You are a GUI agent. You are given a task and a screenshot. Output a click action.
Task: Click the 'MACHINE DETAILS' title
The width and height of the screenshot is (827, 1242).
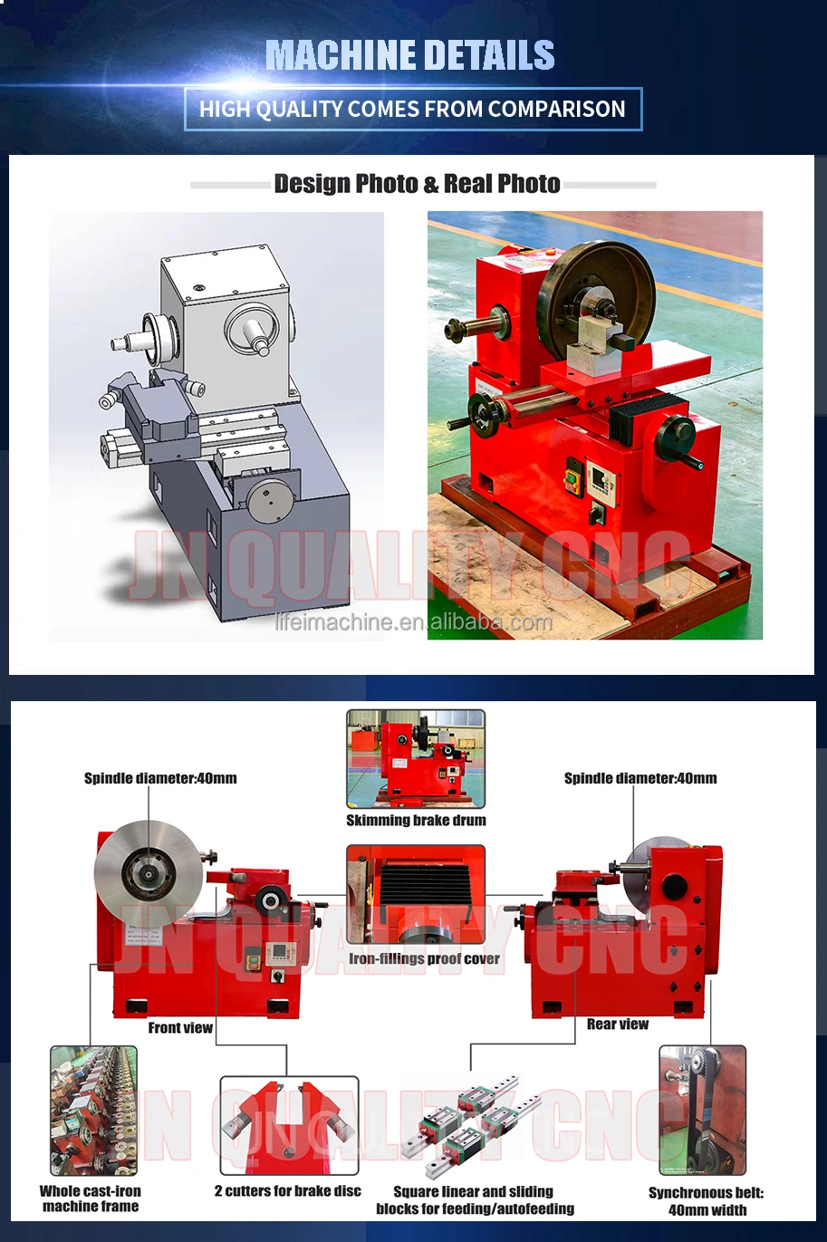coord(410,55)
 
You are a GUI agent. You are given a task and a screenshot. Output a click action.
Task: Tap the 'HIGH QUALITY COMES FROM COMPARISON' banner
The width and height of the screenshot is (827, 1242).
coord(412,110)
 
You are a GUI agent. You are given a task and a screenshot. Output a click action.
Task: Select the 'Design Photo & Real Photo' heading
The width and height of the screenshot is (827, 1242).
coord(418,184)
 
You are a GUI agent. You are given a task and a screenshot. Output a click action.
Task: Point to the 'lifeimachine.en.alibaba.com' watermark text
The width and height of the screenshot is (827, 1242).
coord(413,622)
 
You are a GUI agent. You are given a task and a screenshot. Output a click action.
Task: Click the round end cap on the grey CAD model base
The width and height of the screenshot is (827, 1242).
coord(271,499)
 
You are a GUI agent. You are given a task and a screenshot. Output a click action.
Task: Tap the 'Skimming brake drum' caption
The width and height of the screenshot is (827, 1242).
coord(416,821)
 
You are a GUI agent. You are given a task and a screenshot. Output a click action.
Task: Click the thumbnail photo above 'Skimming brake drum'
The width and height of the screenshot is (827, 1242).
coord(416,759)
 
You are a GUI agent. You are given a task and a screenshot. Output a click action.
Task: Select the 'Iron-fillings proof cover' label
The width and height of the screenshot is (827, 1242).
coord(424,959)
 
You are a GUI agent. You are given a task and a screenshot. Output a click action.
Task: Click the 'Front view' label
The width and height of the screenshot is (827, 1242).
coord(180,1028)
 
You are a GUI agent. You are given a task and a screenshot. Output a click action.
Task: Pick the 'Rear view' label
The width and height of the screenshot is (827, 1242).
coord(618,1025)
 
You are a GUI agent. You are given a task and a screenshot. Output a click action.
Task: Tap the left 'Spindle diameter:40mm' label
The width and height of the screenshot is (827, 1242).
coord(160,778)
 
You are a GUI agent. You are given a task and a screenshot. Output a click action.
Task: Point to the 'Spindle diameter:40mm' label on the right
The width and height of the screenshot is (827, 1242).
coord(640,778)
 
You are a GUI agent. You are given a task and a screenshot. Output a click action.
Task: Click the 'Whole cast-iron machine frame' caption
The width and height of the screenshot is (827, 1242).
coord(91,1199)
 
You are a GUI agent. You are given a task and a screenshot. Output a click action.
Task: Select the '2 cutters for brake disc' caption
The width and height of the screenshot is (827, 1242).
coord(288,1191)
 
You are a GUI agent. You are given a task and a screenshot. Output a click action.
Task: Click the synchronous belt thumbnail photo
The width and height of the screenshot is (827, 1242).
coord(702,1110)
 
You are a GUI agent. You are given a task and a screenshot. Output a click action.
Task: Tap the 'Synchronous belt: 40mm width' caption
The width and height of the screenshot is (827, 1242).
coord(707,1201)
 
